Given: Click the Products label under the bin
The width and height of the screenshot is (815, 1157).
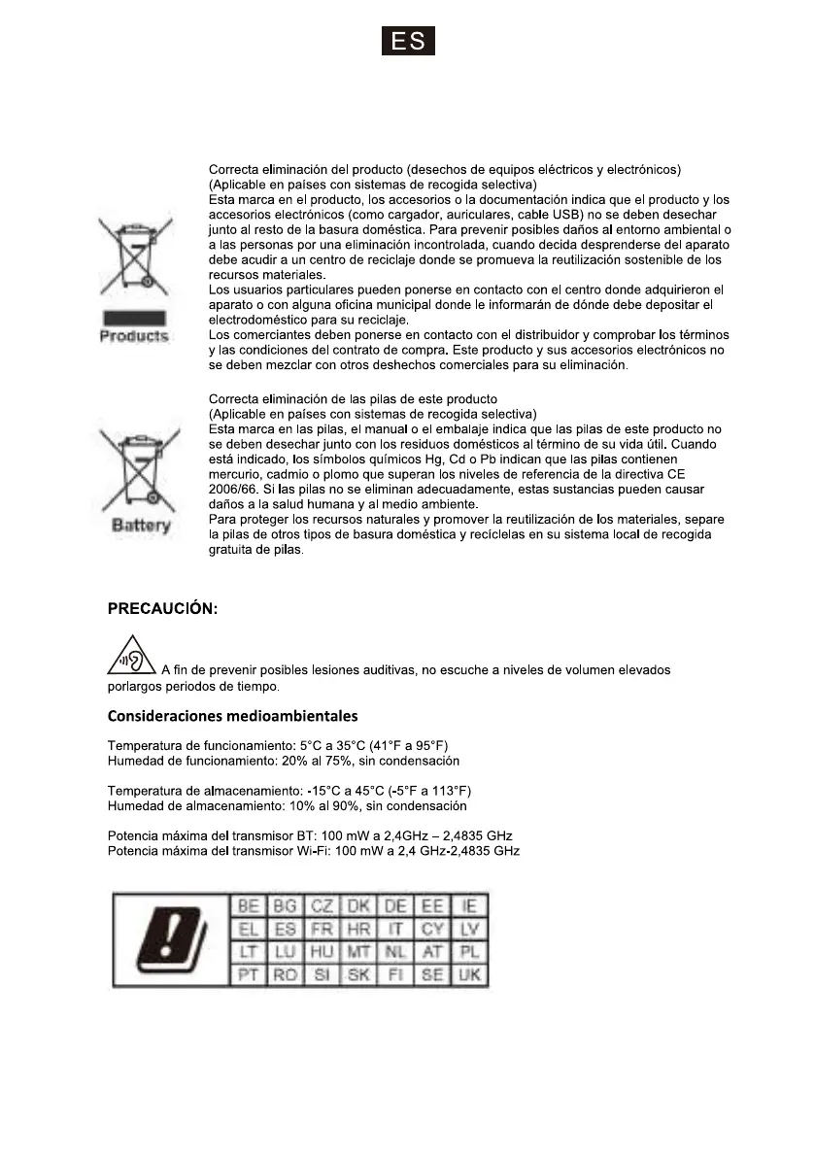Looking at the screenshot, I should (134, 336).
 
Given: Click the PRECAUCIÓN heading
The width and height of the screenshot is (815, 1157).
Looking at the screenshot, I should (162, 609).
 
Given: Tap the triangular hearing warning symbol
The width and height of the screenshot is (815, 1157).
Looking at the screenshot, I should (132, 657).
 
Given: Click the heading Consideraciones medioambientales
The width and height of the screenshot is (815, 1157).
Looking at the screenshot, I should (232, 717).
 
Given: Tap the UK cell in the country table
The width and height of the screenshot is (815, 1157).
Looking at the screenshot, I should (470, 974).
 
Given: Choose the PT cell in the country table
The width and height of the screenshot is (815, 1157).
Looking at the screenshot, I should (249, 974).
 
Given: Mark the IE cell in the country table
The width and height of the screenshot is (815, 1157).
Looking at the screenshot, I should (470, 906).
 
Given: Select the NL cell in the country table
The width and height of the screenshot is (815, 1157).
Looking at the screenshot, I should (396, 952).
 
